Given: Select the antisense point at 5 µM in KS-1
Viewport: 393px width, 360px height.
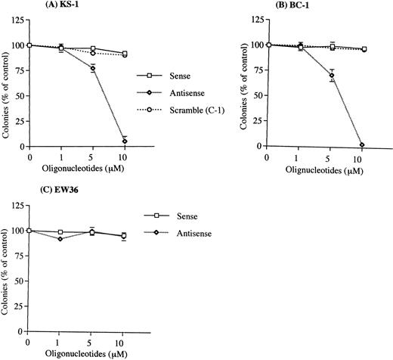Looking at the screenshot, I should [93, 68].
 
